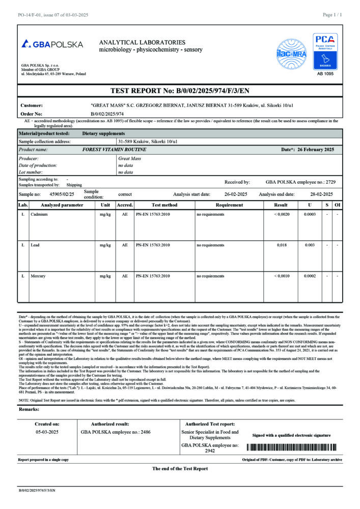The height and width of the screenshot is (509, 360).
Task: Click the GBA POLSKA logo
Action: [52, 44]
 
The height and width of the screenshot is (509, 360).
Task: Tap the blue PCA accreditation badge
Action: [325, 51]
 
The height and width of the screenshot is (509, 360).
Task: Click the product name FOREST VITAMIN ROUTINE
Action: [114, 150]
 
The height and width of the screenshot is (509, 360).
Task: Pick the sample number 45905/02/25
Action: [62, 194]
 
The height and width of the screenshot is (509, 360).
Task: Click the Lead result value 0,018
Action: [281, 245]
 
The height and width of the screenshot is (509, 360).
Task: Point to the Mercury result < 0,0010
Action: [281, 275]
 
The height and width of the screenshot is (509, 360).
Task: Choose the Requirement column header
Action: [229, 205]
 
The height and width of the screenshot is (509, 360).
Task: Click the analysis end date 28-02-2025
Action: [322, 194]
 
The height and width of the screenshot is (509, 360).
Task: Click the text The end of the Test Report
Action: [180, 468]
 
